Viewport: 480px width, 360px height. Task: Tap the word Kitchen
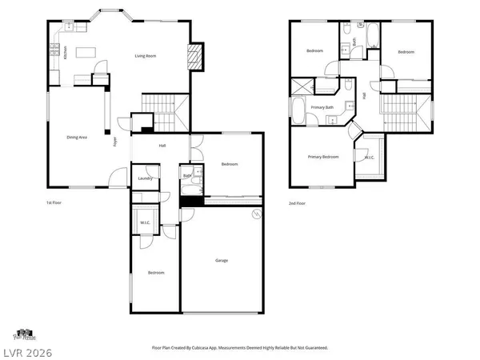pos(66,51)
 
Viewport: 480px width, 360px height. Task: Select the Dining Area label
pos(77,138)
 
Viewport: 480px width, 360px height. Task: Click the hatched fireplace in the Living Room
pos(193,55)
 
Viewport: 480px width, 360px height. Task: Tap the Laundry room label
pos(145,178)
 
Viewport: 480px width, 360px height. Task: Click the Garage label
pos(222,260)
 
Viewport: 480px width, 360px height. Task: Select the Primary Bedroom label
pos(324,157)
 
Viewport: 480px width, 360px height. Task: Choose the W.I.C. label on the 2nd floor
pos(370,158)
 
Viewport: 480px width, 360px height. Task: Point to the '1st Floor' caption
pos(54,203)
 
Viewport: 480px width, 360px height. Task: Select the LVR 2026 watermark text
pos(25,350)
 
